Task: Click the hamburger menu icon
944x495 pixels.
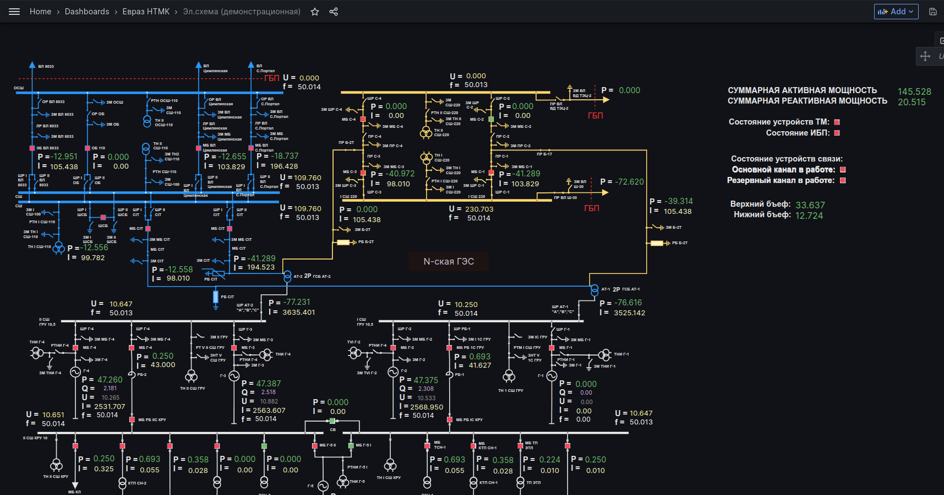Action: click(14, 12)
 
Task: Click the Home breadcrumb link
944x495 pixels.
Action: click(40, 12)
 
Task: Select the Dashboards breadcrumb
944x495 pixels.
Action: click(87, 12)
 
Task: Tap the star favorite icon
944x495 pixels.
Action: click(315, 12)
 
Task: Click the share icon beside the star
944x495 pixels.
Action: click(334, 12)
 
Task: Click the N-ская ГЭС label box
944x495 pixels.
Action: click(449, 261)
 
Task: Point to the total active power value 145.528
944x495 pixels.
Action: click(914, 92)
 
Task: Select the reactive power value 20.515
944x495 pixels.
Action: click(912, 102)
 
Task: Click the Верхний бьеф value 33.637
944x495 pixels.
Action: click(810, 205)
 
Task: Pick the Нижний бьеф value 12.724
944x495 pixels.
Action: click(809, 216)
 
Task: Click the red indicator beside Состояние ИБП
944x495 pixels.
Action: click(837, 133)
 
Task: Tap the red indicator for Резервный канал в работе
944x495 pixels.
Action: click(843, 180)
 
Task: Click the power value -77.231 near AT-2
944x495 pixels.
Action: click(297, 302)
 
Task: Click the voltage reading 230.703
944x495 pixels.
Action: click(479, 209)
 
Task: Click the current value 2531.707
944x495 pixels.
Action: click(110, 406)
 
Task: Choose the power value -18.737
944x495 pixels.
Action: click(285, 156)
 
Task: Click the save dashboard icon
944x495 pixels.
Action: click(933, 12)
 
